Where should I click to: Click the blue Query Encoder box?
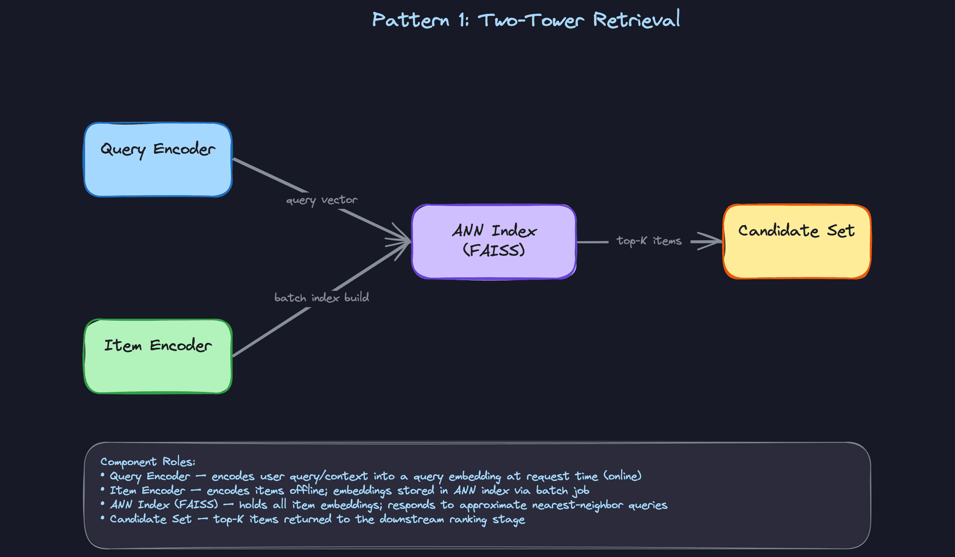pos(158,160)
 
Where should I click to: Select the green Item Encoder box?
pos(158,356)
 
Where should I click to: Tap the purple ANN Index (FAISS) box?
pos(494,241)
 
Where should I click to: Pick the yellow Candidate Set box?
pos(796,241)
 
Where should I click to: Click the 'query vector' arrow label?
pos(321,200)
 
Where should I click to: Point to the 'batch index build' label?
pos(321,297)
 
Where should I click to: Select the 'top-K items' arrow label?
pos(649,241)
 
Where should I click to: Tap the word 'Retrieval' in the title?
pos(636,20)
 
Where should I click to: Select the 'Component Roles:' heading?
pos(148,462)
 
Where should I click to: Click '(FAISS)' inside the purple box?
pos(494,250)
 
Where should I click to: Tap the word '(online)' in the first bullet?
pos(622,476)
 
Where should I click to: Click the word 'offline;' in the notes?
pos(308,490)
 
